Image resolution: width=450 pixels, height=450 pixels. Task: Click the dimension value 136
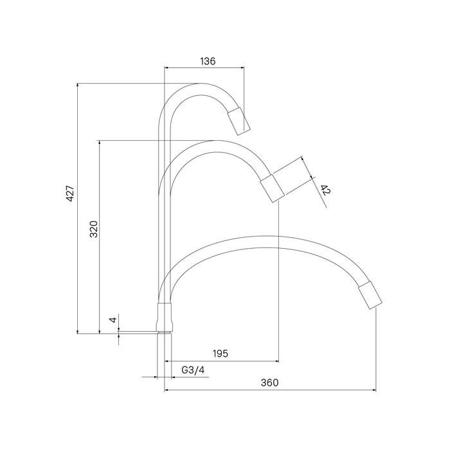[x=208, y=61]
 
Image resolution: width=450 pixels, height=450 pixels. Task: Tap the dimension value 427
[x=70, y=194]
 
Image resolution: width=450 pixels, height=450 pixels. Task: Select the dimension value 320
[x=94, y=229]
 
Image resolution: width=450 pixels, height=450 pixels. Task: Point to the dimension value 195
[x=221, y=354]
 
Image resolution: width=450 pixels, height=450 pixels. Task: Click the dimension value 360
[x=269, y=382]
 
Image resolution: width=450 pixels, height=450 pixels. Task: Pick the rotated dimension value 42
[x=325, y=190]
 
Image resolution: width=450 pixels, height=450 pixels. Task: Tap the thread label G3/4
[x=193, y=370]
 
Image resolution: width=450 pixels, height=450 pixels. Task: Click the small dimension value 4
[x=114, y=319]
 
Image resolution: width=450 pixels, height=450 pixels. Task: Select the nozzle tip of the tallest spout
[x=239, y=121]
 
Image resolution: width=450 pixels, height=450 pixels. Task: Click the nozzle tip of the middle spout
[x=272, y=188]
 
